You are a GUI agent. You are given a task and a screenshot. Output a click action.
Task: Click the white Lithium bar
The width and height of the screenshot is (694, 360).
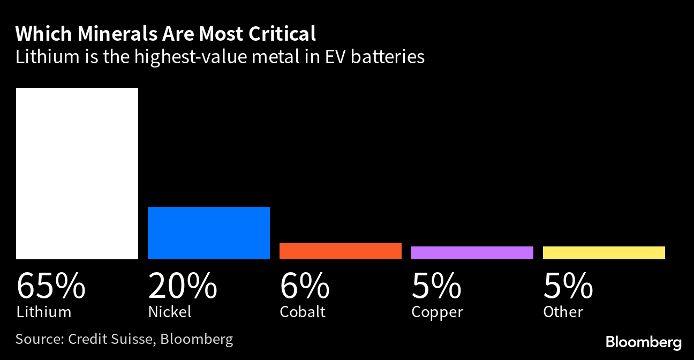click(x=77, y=174)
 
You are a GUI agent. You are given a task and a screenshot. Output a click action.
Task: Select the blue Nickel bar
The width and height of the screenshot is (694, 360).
click(x=209, y=233)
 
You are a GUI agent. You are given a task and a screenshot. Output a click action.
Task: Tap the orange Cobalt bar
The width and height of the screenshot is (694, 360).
click(x=341, y=251)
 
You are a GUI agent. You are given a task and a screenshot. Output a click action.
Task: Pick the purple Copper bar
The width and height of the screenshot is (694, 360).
click(x=472, y=253)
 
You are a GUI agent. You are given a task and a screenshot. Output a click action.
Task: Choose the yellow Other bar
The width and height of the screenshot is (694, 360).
click(x=604, y=253)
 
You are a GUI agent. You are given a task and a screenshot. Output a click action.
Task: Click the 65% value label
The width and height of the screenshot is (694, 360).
click(x=51, y=286)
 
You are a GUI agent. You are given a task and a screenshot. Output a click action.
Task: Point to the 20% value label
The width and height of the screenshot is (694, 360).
click(x=183, y=286)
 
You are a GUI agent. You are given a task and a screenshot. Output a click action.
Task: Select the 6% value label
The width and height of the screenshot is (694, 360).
click(x=305, y=286)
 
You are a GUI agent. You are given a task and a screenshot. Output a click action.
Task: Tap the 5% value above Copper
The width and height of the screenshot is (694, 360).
click(x=436, y=286)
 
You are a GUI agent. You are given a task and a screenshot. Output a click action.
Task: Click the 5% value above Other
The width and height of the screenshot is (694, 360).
click(x=568, y=286)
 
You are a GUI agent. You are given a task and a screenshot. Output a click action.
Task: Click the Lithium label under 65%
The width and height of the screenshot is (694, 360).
click(x=43, y=312)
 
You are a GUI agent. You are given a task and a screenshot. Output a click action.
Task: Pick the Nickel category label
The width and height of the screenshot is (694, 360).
click(x=169, y=312)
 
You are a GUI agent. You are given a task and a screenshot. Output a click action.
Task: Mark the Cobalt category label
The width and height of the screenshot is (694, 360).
click(x=303, y=312)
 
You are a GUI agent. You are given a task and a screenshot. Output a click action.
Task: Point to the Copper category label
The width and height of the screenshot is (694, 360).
click(x=437, y=312)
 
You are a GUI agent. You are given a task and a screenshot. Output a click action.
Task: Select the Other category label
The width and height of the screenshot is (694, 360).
click(x=563, y=312)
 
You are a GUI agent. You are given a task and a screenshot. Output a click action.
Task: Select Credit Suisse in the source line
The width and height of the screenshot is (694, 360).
click(x=111, y=339)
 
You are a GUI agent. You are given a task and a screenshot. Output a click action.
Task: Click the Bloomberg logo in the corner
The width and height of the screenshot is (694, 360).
click(x=643, y=342)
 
